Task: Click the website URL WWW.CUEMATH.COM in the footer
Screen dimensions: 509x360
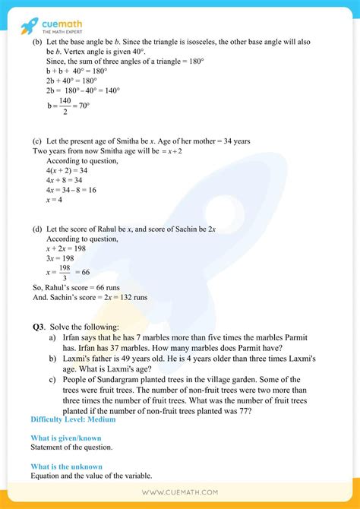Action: (180, 492)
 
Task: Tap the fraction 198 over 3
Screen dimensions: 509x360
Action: (66, 272)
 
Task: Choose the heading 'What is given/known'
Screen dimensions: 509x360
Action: (66, 438)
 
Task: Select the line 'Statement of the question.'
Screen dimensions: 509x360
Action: (71, 447)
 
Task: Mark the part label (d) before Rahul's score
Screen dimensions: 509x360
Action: (37, 229)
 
